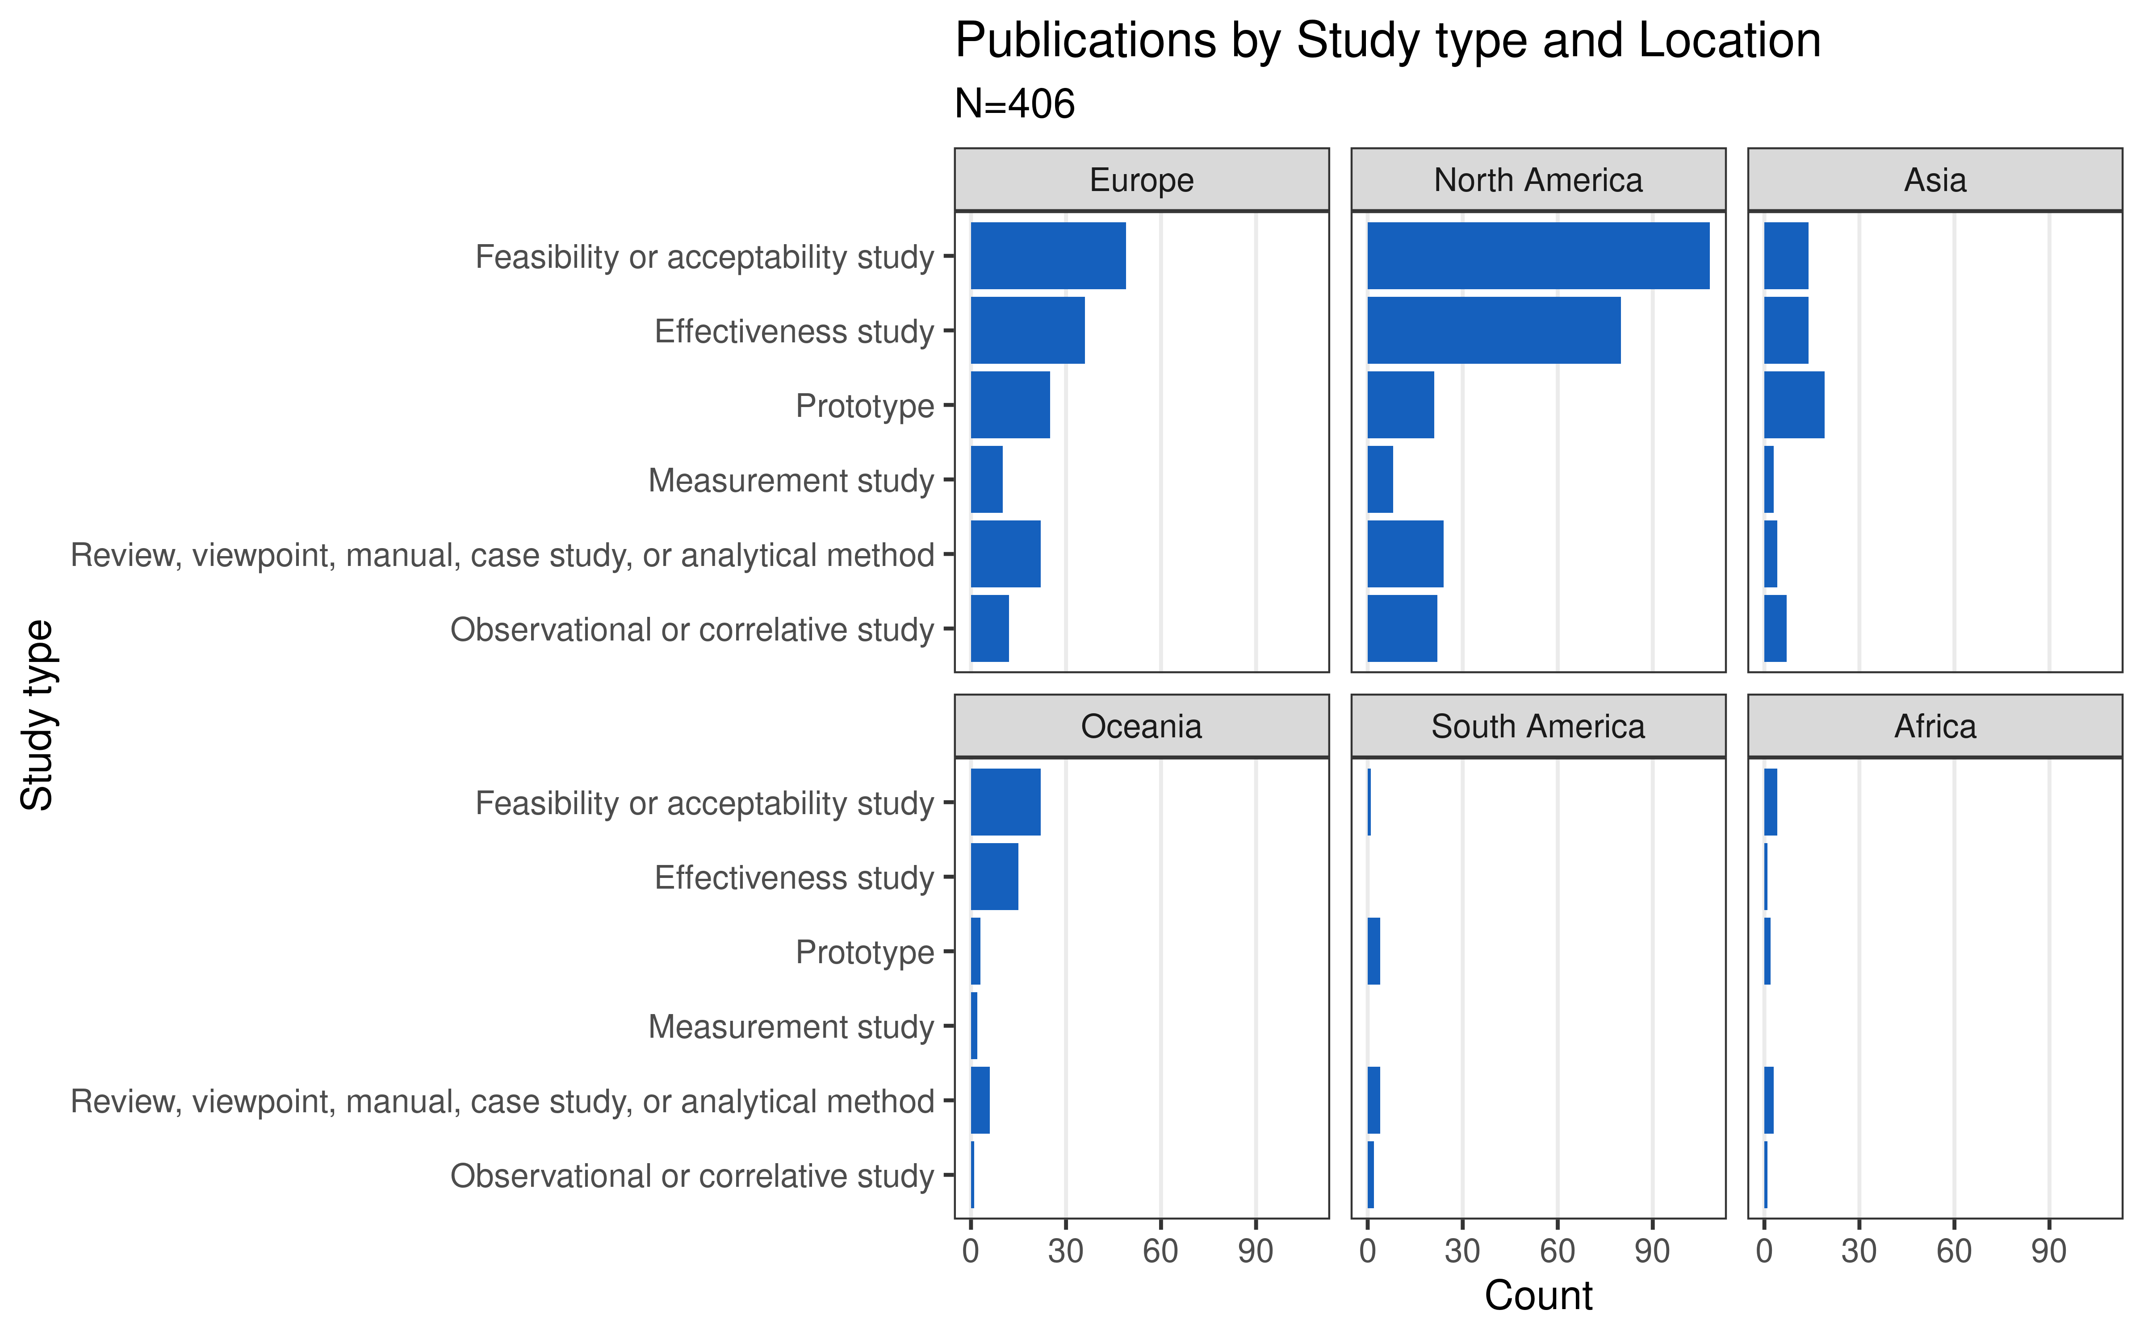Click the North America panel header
[1538, 180]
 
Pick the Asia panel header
[1935, 180]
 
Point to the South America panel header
[1538, 726]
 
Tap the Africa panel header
[1935, 726]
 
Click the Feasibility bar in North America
[1538, 256]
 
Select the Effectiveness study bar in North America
[1494, 330]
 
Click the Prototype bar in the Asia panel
[1794, 405]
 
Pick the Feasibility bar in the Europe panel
[1048, 256]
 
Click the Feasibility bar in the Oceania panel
[1005, 803]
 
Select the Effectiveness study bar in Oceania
[994, 877]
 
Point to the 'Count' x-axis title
[1538, 1296]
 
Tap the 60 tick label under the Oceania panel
[1160, 1252]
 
